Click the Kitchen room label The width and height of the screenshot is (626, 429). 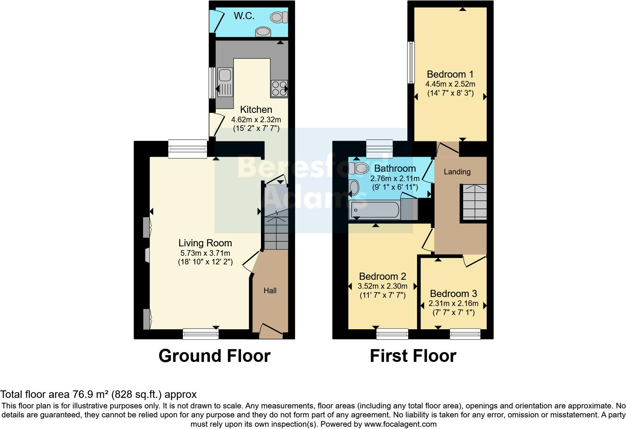(x=256, y=109)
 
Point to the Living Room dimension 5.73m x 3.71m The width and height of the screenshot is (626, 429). (x=205, y=253)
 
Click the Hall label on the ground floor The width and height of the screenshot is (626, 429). (x=270, y=291)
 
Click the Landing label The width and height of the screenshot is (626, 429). (x=457, y=172)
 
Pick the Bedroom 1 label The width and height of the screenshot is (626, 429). (x=450, y=74)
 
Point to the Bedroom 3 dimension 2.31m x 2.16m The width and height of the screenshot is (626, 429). (x=453, y=303)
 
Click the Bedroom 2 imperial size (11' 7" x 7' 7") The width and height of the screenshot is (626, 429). (x=383, y=295)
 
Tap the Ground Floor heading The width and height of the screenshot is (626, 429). (x=215, y=355)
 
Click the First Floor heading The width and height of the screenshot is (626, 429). (x=413, y=355)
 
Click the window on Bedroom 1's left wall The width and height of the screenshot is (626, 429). (x=411, y=62)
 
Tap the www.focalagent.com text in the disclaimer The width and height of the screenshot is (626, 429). (x=400, y=424)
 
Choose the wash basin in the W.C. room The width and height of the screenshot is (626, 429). (x=263, y=32)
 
